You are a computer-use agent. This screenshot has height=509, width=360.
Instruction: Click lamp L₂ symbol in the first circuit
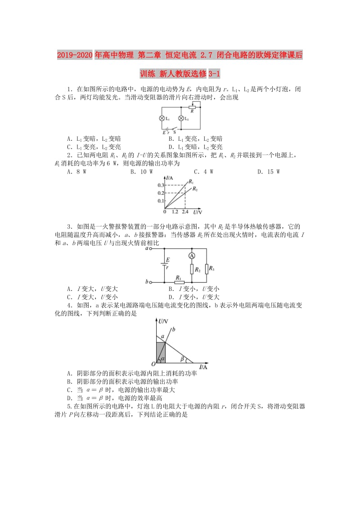[181, 119]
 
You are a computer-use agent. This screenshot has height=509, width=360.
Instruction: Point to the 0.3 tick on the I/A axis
[161, 185]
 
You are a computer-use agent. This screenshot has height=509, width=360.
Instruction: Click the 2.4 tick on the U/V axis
[185, 211]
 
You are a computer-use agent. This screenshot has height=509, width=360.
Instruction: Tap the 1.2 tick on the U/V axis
[175, 211]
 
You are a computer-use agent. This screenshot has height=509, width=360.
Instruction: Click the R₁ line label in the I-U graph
[191, 182]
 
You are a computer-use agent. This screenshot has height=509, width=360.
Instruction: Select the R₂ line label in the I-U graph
[195, 190]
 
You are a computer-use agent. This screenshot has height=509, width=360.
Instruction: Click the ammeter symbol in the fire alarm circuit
[191, 255]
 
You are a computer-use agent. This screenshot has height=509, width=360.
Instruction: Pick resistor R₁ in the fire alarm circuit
[178, 282]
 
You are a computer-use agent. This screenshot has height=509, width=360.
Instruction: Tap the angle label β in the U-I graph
[182, 358]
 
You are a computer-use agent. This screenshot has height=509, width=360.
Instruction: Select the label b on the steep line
[173, 330]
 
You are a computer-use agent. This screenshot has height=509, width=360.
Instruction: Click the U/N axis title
[163, 321]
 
